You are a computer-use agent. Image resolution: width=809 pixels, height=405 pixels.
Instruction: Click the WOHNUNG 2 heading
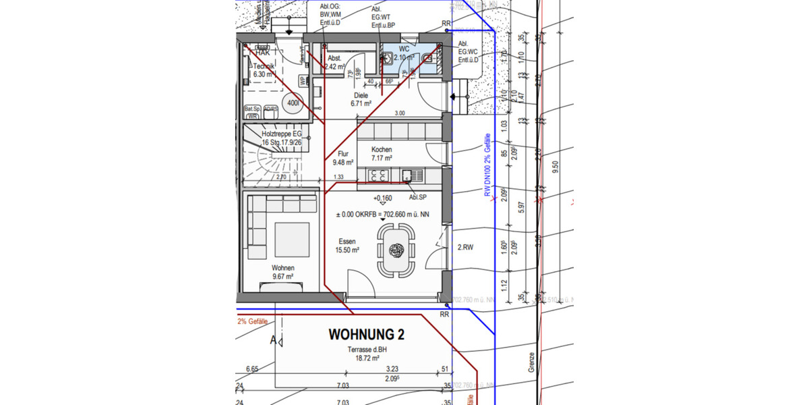(x=366, y=334)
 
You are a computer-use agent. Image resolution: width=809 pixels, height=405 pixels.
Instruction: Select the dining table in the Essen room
(x=396, y=250)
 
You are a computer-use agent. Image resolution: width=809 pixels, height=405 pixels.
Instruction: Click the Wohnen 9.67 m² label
(x=282, y=272)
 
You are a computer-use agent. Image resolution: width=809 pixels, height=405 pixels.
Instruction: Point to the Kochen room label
(x=381, y=150)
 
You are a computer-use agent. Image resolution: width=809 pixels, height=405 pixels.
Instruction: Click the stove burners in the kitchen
(x=378, y=175)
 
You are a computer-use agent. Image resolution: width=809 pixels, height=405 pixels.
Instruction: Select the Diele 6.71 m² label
(x=361, y=100)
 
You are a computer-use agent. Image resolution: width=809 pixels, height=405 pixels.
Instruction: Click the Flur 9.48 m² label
(x=343, y=158)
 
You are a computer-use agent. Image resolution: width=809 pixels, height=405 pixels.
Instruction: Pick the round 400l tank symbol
(x=293, y=103)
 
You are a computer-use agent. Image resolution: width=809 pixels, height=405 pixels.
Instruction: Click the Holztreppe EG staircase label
(x=282, y=139)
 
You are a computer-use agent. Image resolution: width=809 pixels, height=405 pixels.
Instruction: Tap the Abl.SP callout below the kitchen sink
(x=417, y=197)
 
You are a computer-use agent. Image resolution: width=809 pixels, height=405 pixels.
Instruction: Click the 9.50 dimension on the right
(x=556, y=167)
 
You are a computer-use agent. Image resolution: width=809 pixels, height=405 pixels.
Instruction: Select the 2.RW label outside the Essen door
(x=465, y=248)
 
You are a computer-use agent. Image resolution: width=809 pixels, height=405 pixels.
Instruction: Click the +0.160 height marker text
(x=382, y=198)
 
